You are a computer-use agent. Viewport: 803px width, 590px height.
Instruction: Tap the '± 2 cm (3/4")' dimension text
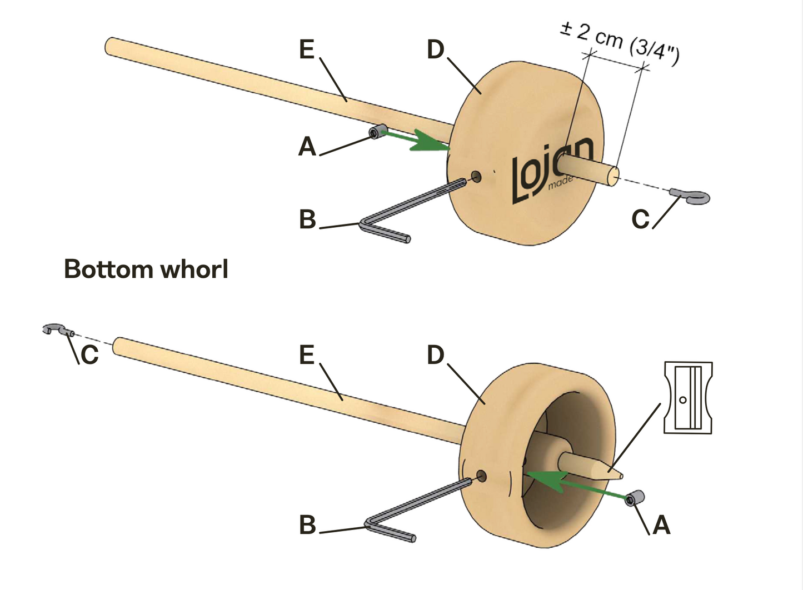coord(620,40)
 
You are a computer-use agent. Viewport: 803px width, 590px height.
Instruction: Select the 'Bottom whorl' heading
coord(146,269)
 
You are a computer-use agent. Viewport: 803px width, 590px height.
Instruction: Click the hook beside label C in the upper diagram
coord(692,196)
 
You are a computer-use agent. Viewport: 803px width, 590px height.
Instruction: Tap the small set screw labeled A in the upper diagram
coord(378,132)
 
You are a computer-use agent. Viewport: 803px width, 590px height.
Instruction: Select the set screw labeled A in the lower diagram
coord(635,498)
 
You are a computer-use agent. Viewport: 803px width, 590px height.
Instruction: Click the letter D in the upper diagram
coord(436,49)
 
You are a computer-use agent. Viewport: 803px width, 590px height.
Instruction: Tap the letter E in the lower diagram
coord(307,355)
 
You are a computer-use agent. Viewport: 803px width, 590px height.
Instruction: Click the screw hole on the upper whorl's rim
coord(476,177)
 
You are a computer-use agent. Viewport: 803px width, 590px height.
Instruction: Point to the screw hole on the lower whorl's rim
coord(481,476)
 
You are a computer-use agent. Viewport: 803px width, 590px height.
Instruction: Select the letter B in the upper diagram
coord(307,219)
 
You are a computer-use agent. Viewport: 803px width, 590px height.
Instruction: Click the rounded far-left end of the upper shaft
coord(111,46)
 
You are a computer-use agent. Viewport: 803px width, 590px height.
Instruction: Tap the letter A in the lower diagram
coord(661,525)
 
